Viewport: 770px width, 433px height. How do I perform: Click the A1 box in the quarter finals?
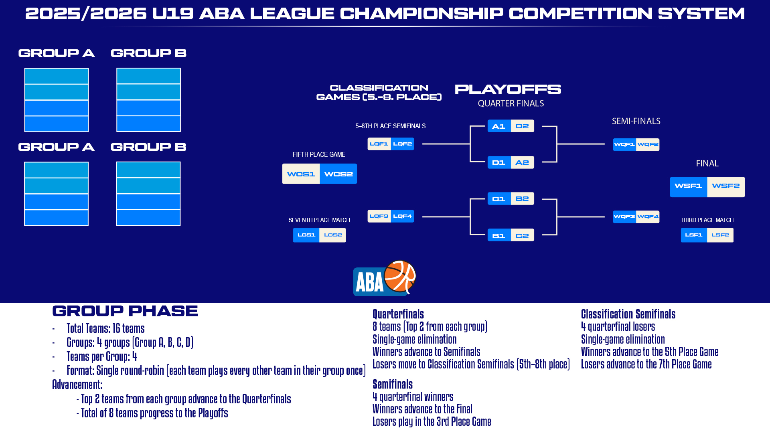click(499, 126)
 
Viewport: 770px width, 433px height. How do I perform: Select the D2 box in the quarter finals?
click(523, 126)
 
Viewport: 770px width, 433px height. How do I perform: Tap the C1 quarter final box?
click(499, 199)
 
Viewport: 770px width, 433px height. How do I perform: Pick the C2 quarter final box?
click(523, 235)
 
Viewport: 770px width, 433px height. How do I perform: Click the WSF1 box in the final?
click(689, 187)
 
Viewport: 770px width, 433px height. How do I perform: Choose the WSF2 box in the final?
click(726, 187)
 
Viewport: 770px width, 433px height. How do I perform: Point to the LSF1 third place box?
click(694, 235)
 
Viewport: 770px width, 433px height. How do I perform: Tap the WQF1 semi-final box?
click(624, 144)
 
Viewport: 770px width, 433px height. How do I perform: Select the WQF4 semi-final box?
click(648, 217)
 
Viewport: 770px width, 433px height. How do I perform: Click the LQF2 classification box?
click(403, 144)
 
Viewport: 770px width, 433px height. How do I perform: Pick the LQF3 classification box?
click(379, 216)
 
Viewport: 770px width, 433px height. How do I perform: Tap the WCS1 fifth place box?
click(301, 174)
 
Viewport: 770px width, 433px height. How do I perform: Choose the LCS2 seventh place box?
click(332, 235)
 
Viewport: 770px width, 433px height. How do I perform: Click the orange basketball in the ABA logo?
click(400, 276)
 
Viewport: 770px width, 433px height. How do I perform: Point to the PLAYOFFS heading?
click(508, 89)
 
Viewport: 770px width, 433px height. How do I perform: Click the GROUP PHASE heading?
click(125, 311)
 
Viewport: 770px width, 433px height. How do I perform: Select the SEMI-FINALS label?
click(636, 121)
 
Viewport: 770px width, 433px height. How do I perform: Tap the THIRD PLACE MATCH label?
click(707, 220)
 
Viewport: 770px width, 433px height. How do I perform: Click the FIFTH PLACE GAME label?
click(319, 154)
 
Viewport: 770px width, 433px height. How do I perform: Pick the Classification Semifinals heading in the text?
click(628, 314)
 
